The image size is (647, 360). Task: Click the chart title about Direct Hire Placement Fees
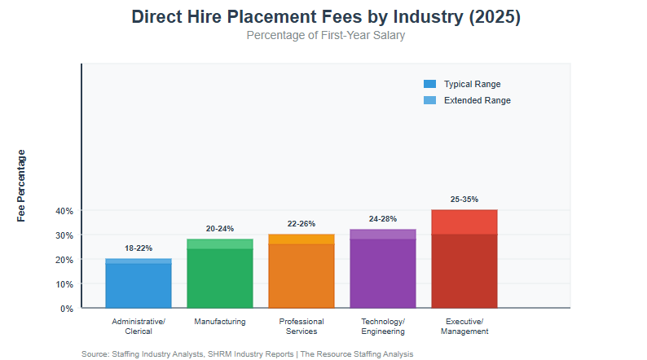tap(325, 17)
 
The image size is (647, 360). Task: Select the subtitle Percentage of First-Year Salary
tap(325, 35)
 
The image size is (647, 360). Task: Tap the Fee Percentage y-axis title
tap(21, 186)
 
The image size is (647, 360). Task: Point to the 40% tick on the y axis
tap(64, 211)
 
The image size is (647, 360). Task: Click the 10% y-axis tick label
tap(64, 284)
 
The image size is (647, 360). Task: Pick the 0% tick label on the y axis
tap(67, 309)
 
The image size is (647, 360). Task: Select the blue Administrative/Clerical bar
tap(139, 284)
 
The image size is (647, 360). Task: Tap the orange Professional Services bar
tap(301, 273)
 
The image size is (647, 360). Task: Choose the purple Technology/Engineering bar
tap(383, 270)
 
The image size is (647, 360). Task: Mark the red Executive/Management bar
tap(464, 261)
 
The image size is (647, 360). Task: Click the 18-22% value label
tap(139, 248)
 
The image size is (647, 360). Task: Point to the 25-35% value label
tap(464, 199)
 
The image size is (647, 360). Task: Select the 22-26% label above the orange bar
tap(301, 223)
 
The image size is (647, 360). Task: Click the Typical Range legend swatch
tap(430, 84)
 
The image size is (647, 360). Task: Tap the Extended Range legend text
tap(478, 100)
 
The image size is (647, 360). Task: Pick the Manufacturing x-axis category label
tap(220, 322)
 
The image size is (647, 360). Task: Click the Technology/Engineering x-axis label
tap(383, 327)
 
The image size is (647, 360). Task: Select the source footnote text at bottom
tap(248, 354)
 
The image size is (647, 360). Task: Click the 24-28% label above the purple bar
tap(383, 218)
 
